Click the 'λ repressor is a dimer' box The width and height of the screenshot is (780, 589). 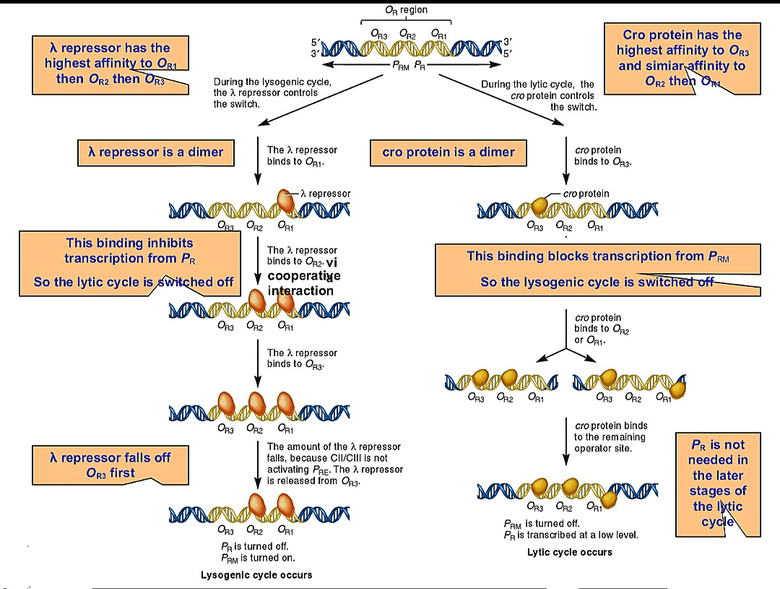155,152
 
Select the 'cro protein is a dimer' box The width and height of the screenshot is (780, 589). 448,152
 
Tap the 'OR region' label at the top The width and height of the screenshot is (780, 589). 406,10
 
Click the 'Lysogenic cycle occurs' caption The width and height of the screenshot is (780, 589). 256,575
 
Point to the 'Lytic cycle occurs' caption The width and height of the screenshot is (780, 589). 570,552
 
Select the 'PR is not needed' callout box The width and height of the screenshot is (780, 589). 716,483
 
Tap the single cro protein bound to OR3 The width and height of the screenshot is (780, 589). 539,205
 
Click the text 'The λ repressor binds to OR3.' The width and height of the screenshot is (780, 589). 302,358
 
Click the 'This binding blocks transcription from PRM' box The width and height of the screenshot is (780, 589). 597,269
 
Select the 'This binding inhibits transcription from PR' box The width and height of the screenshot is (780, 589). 130,264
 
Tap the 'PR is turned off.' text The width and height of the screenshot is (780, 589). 258,546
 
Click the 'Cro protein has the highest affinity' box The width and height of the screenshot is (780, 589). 682,58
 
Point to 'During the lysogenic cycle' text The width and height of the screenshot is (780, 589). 272,93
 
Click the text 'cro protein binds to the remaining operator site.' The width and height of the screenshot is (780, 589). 610,437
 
